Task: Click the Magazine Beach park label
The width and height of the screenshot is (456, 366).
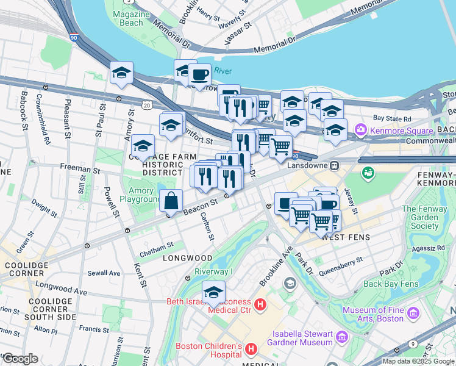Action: point(128,18)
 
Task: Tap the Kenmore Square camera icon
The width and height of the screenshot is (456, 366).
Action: point(361,129)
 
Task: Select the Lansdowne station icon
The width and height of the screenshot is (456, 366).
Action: point(334,165)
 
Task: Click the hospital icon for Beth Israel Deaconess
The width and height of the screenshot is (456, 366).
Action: point(260,304)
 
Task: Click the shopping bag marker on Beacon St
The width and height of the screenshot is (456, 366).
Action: point(172,200)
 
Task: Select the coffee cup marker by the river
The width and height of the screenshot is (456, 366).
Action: point(199,75)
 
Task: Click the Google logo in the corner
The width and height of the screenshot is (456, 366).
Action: point(20,359)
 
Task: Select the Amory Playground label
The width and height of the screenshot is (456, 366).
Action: point(141,195)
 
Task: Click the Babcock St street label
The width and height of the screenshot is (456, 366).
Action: point(24,110)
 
